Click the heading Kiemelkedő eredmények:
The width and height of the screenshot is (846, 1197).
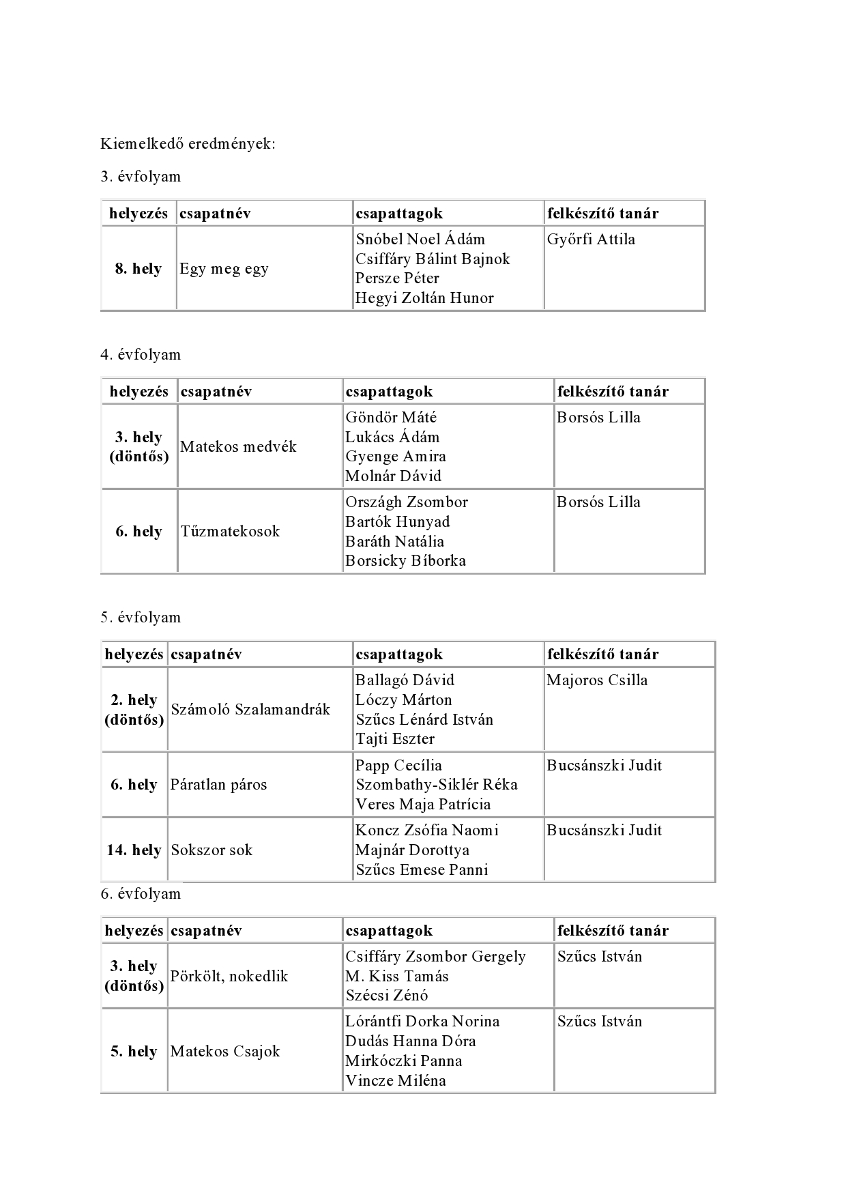click(188, 144)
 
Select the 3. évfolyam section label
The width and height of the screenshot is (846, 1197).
click(141, 177)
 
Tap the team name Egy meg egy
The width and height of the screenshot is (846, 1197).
click(224, 269)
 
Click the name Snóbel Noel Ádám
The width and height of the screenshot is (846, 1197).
click(420, 240)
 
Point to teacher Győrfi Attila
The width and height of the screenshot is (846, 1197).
click(591, 240)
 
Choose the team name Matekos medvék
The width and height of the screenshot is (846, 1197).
click(238, 447)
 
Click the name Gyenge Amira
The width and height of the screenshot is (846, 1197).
click(395, 457)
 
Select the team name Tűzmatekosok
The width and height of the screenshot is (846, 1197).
click(230, 532)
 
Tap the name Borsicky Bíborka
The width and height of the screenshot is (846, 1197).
click(405, 561)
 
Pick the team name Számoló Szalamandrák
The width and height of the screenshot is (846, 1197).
click(250, 710)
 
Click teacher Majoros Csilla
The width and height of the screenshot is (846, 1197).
click(597, 680)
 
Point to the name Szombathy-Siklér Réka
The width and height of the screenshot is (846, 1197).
click(436, 785)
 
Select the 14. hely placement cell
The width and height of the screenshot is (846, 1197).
click(134, 850)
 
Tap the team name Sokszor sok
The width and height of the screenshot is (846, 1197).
click(211, 850)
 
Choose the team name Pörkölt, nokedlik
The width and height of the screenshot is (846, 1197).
click(229, 977)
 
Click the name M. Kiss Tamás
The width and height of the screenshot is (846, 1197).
click(396, 977)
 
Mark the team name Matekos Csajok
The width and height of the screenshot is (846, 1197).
click(225, 1052)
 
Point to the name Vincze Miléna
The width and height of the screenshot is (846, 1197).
click(395, 1081)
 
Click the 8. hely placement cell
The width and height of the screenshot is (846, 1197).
click(138, 269)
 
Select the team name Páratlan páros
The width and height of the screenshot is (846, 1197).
click(218, 785)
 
